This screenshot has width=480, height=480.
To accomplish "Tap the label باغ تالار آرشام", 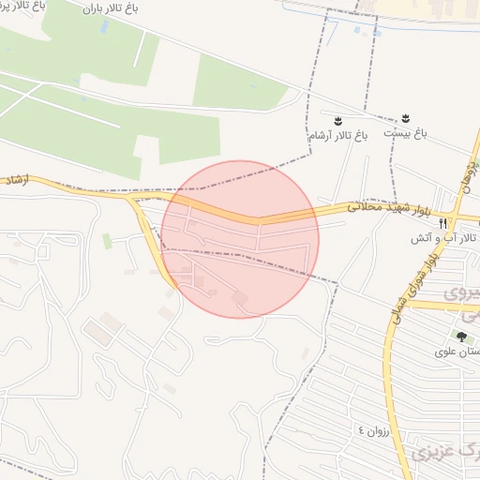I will click(x=338, y=135).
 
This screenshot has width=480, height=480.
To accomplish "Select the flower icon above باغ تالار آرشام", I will click(x=338, y=121).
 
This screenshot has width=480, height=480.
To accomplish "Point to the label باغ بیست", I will click(x=410, y=134).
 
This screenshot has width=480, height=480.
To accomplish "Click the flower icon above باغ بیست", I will click(x=406, y=117).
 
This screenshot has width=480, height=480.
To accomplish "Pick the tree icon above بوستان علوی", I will click(x=460, y=335).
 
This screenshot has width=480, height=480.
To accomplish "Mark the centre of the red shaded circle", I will click(x=240, y=239).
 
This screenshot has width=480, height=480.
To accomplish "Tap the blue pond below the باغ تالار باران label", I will click(x=103, y=26).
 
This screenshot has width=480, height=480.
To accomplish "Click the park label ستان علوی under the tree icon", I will click(x=458, y=352).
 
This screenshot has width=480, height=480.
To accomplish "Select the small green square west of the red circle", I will click(x=107, y=242).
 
